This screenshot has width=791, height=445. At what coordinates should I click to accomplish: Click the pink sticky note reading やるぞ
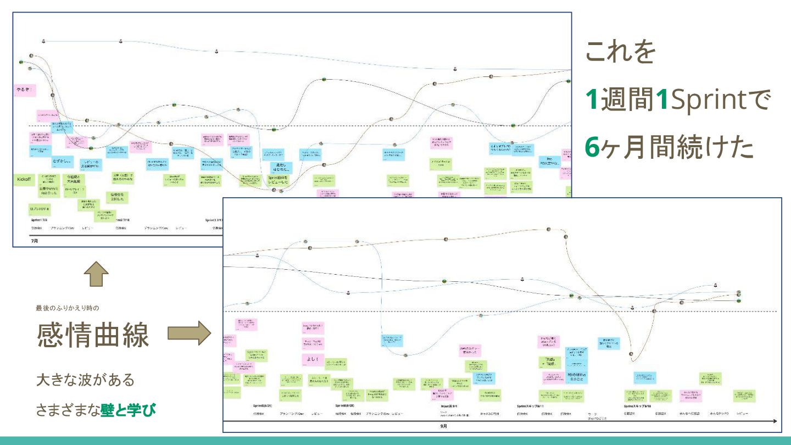point(25,90)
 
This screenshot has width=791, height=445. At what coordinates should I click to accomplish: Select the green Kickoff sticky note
point(24,180)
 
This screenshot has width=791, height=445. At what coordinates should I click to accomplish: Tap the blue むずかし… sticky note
point(62,162)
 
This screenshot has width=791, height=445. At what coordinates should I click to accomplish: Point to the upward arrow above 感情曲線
point(97,274)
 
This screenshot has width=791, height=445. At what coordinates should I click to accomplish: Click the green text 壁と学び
point(128,409)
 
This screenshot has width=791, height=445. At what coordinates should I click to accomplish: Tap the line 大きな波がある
point(85,380)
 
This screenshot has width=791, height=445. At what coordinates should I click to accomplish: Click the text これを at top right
point(621,52)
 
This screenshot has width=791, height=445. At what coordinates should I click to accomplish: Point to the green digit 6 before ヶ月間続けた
point(592,147)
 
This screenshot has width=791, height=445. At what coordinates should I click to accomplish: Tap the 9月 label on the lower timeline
point(443,426)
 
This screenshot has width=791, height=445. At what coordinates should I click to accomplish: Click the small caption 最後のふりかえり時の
point(67,308)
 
